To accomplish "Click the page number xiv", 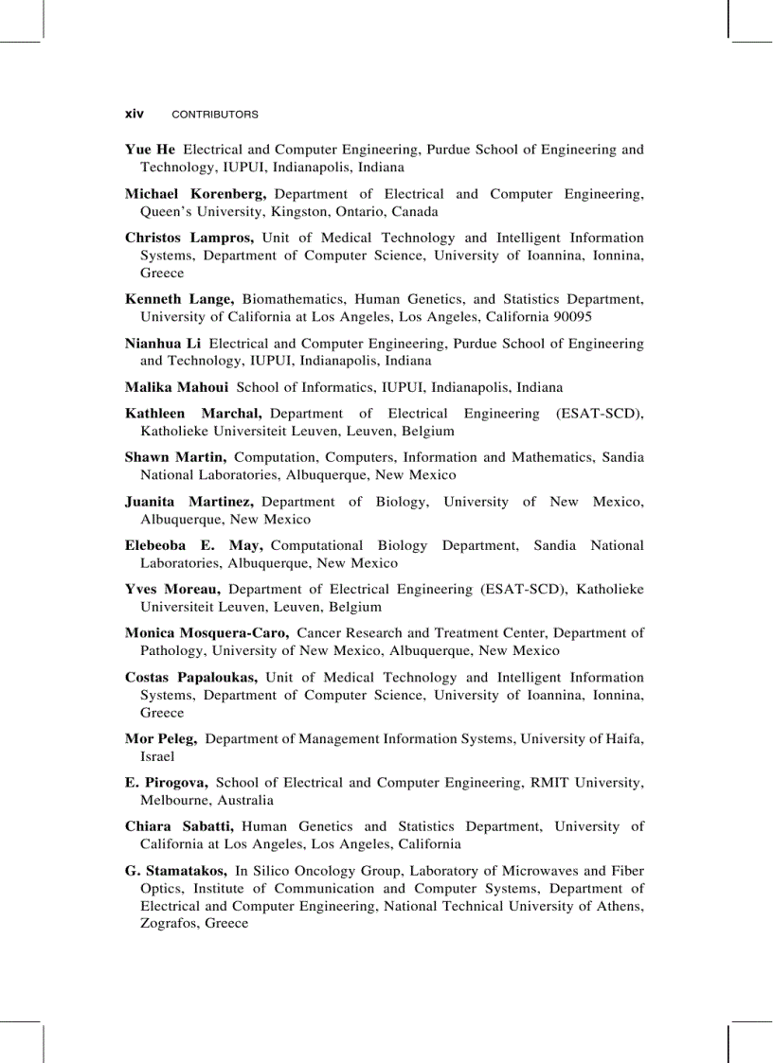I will click(135, 114).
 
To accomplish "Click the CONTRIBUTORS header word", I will click(214, 115).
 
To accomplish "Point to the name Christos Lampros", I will click(189, 238).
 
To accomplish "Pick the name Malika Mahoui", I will click(176, 387).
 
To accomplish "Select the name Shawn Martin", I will click(175, 457).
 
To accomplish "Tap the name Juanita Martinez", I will click(190, 502).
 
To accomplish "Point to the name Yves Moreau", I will click(172, 590).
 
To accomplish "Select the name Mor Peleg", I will click(160, 739).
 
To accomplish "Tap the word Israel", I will click(157, 757).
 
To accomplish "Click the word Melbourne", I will click(175, 801).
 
